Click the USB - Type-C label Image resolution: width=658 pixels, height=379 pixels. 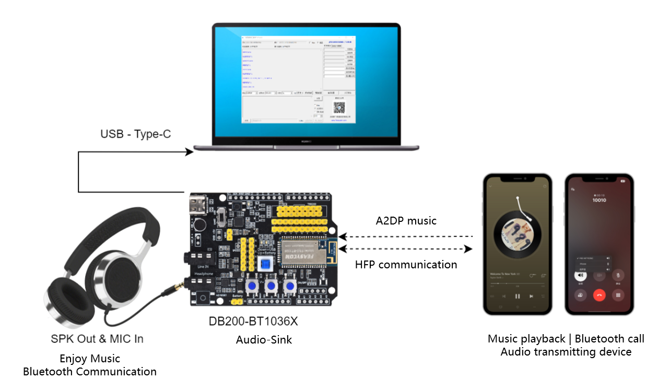(x=135, y=134)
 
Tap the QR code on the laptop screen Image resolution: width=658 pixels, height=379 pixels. (x=339, y=108)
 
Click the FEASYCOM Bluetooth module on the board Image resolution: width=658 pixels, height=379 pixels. (x=305, y=255)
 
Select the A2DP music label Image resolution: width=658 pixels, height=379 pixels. (x=406, y=221)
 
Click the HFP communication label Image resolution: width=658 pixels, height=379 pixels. (x=406, y=265)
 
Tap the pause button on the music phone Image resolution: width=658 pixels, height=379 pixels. (x=517, y=296)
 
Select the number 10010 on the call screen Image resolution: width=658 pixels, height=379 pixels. (x=600, y=200)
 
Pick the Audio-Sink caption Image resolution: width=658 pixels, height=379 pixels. (x=264, y=340)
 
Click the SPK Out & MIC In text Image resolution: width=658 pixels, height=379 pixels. (x=97, y=339)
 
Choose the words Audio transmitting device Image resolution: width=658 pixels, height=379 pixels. (x=566, y=352)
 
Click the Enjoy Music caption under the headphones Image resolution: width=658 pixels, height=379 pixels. (x=90, y=359)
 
